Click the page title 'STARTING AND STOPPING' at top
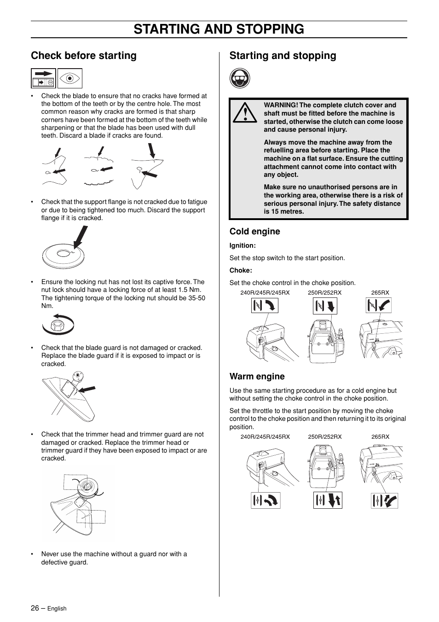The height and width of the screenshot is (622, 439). [x=219, y=29]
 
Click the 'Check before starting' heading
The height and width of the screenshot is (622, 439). [x=84, y=56]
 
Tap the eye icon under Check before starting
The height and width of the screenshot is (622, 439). [x=70, y=78]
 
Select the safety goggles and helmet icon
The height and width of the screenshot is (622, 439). [x=240, y=79]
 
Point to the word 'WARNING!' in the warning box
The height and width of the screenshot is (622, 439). [x=281, y=105]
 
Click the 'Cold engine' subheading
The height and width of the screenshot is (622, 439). [x=254, y=232]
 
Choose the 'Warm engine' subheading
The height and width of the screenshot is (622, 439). [x=257, y=377]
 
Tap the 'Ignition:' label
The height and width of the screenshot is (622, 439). [x=243, y=246]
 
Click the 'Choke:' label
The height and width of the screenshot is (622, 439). [x=241, y=271]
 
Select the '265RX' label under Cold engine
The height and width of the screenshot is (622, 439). [x=380, y=293]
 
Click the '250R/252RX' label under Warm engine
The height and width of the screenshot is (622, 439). [x=324, y=437]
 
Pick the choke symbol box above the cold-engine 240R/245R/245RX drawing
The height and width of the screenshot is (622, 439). [x=265, y=305]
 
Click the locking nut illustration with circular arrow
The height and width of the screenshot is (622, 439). [x=58, y=325]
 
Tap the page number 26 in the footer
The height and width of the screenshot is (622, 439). [x=35, y=608]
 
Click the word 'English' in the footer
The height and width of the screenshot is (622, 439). [x=57, y=609]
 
